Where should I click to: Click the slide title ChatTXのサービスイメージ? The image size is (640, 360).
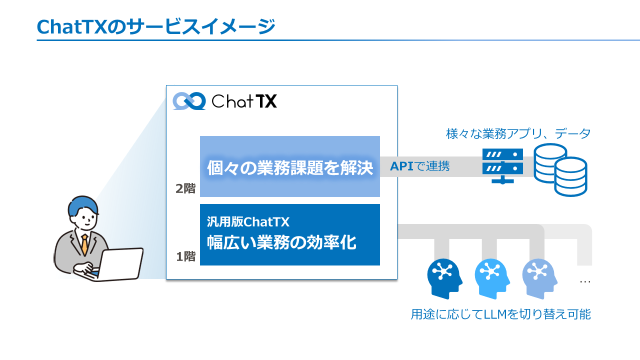pos(155,26)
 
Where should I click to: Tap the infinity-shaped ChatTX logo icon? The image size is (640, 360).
pos(188,101)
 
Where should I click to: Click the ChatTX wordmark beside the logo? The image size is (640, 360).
pos(244,101)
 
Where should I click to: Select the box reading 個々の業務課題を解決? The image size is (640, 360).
pos(290,167)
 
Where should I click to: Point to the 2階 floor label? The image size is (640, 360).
pos(185,189)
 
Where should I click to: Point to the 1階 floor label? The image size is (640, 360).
pos(185,257)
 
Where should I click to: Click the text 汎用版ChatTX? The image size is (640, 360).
pos(248,221)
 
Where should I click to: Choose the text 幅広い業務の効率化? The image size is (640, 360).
pos(281,242)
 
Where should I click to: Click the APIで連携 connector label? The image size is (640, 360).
pos(419,166)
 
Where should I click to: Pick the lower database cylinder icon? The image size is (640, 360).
pos(570,176)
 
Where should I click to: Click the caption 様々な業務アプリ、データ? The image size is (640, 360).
pos(518,134)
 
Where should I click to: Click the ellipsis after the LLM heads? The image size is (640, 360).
pos(585,282)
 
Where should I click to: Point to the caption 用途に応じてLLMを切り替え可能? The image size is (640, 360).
pos(500,314)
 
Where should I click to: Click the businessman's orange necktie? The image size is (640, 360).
pos(85,244)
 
